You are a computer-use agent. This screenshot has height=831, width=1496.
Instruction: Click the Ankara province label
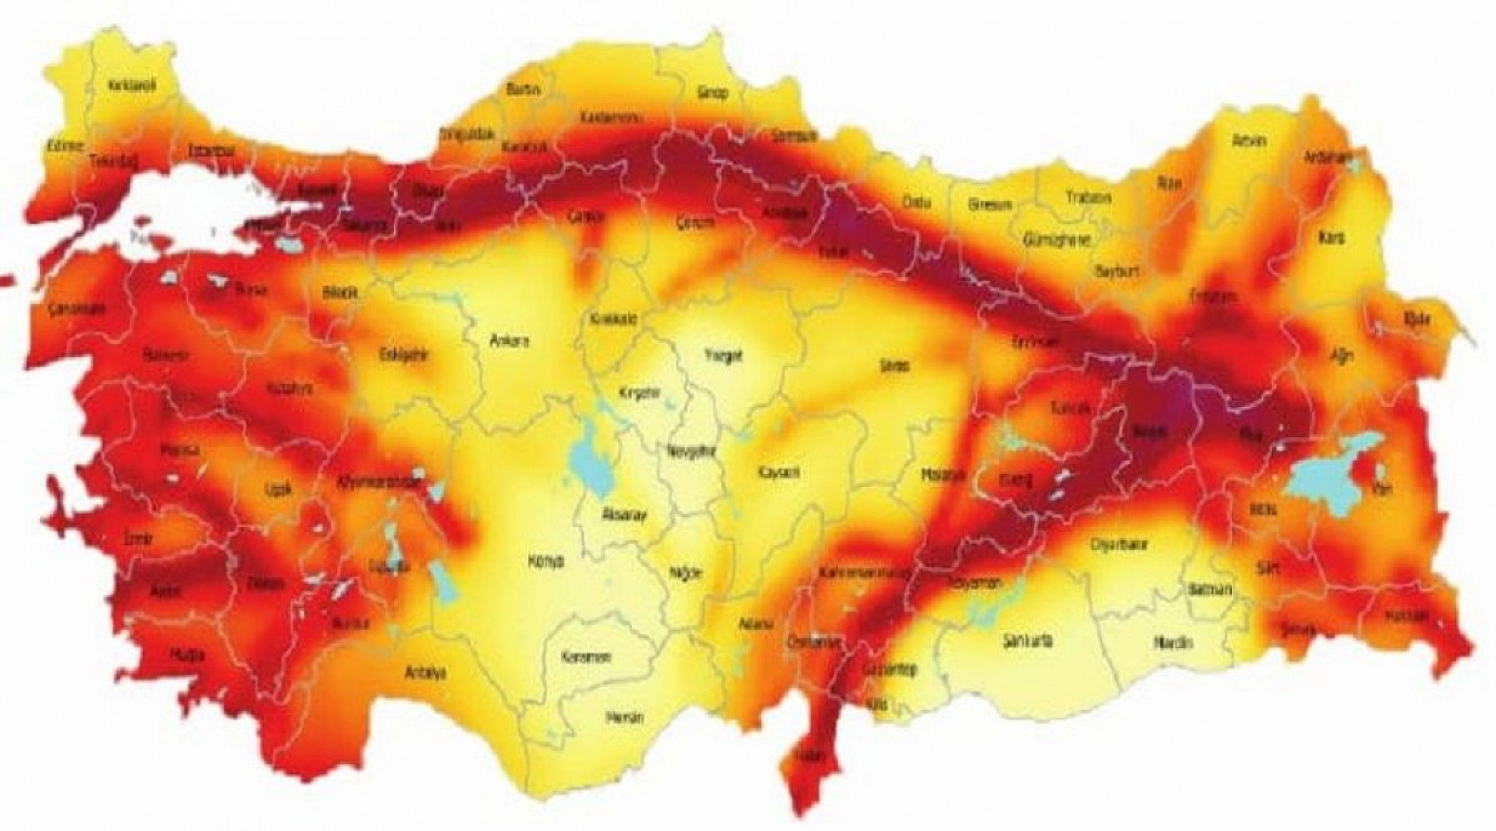pyautogui.click(x=510, y=340)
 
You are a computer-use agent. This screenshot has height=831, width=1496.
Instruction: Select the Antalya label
pyautogui.click(x=424, y=673)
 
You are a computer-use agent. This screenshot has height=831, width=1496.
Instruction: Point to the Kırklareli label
pyautogui.click(x=132, y=86)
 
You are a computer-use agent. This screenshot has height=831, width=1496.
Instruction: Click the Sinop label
pyautogui.click(x=712, y=92)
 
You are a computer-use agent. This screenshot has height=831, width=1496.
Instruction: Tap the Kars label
pyautogui.click(x=1332, y=238)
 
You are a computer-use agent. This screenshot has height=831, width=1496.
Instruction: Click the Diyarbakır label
pyautogui.click(x=1120, y=545)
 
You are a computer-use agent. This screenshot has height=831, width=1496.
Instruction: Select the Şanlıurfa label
pyautogui.click(x=1027, y=640)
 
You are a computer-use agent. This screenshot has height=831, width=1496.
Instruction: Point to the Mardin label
pyautogui.click(x=1173, y=642)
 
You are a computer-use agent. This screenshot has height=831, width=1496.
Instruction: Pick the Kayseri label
pyautogui.click(x=778, y=472)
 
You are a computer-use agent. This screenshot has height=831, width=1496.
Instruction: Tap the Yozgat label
pyautogui.click(x=723, y=356)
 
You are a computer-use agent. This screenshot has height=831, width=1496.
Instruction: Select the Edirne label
pyautogui.click(x=66, y=146)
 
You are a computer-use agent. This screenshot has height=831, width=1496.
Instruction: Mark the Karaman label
pyautogui.click(x=586, y=658)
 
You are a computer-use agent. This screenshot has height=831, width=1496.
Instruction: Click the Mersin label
pyautogui.click(x=624, y=717)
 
